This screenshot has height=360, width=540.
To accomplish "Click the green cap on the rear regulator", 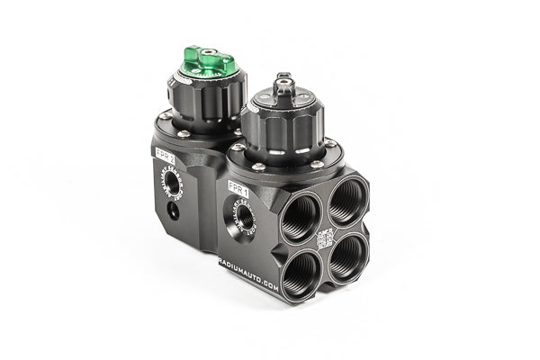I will point(208,61).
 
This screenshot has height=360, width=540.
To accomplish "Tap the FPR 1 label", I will point(238,186).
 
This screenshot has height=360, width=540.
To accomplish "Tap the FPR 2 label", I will point(165,152).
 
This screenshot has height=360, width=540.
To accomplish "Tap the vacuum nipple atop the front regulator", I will point(284,84).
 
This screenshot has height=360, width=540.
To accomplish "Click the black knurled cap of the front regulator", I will point(283,125).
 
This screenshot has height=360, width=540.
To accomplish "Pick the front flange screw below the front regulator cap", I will point(259,166).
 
